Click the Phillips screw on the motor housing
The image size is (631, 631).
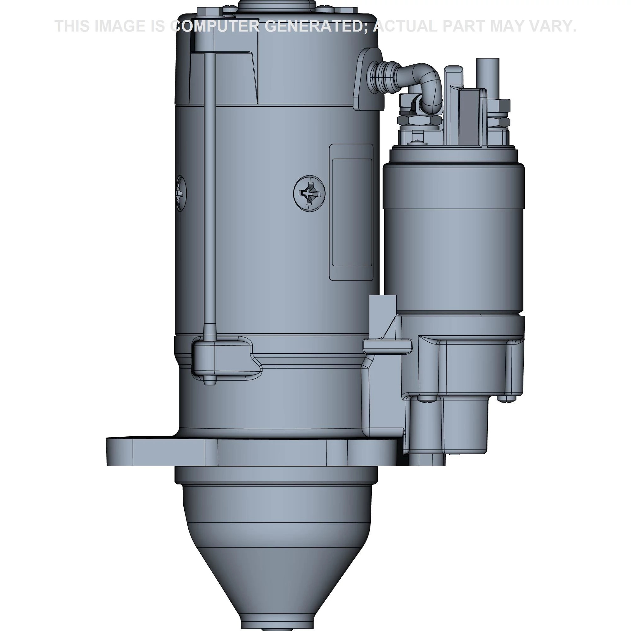click(x=309, y=193)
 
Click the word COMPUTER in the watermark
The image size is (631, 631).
click(x=215, y=26)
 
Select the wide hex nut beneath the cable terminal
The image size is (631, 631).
click(x=419, y=121)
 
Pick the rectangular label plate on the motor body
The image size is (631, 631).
click(x=351, y=212)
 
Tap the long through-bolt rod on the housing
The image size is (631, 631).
click(x=209, y=196)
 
